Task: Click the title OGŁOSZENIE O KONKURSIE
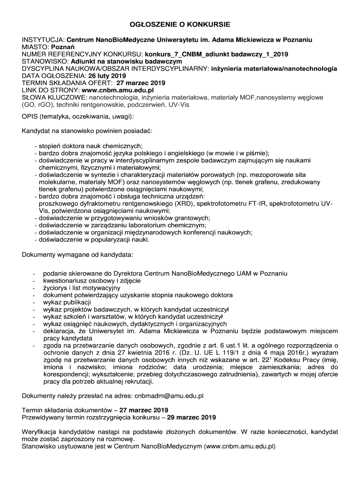coord(180,24)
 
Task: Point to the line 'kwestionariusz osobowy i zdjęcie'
coord(92,281)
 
